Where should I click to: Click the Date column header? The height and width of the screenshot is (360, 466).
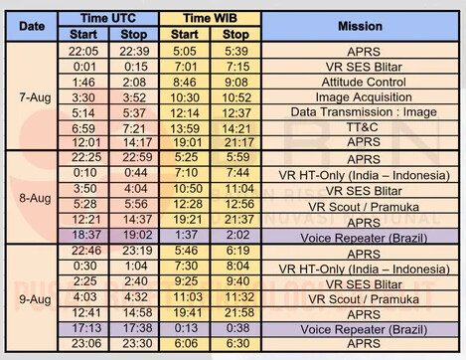click(32, 26)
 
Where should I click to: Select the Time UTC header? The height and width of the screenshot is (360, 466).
click(108, 18)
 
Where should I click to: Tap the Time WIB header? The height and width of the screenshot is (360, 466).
click(210, 18)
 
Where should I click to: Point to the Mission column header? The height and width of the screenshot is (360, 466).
click(360, 26)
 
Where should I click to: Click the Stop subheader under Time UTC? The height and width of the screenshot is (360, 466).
click(134, 34)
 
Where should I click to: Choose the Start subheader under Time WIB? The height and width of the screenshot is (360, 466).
click(184, 34)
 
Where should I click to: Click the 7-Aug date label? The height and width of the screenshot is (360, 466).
click(35, 97)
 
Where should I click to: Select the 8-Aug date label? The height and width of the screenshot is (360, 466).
click(35, 198)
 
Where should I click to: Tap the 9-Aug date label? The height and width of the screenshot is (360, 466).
click(35, 299)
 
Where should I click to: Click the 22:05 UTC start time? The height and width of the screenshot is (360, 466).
click(83, 51)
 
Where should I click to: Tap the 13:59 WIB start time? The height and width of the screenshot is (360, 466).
click(185, 128)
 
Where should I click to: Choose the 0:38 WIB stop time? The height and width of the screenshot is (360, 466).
click(237, 328)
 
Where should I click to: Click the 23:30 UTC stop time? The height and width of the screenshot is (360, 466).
click(137, 343)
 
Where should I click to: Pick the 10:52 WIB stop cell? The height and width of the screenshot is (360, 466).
click(236, 97)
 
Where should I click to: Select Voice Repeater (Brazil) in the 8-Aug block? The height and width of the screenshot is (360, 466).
click(364, 238)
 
